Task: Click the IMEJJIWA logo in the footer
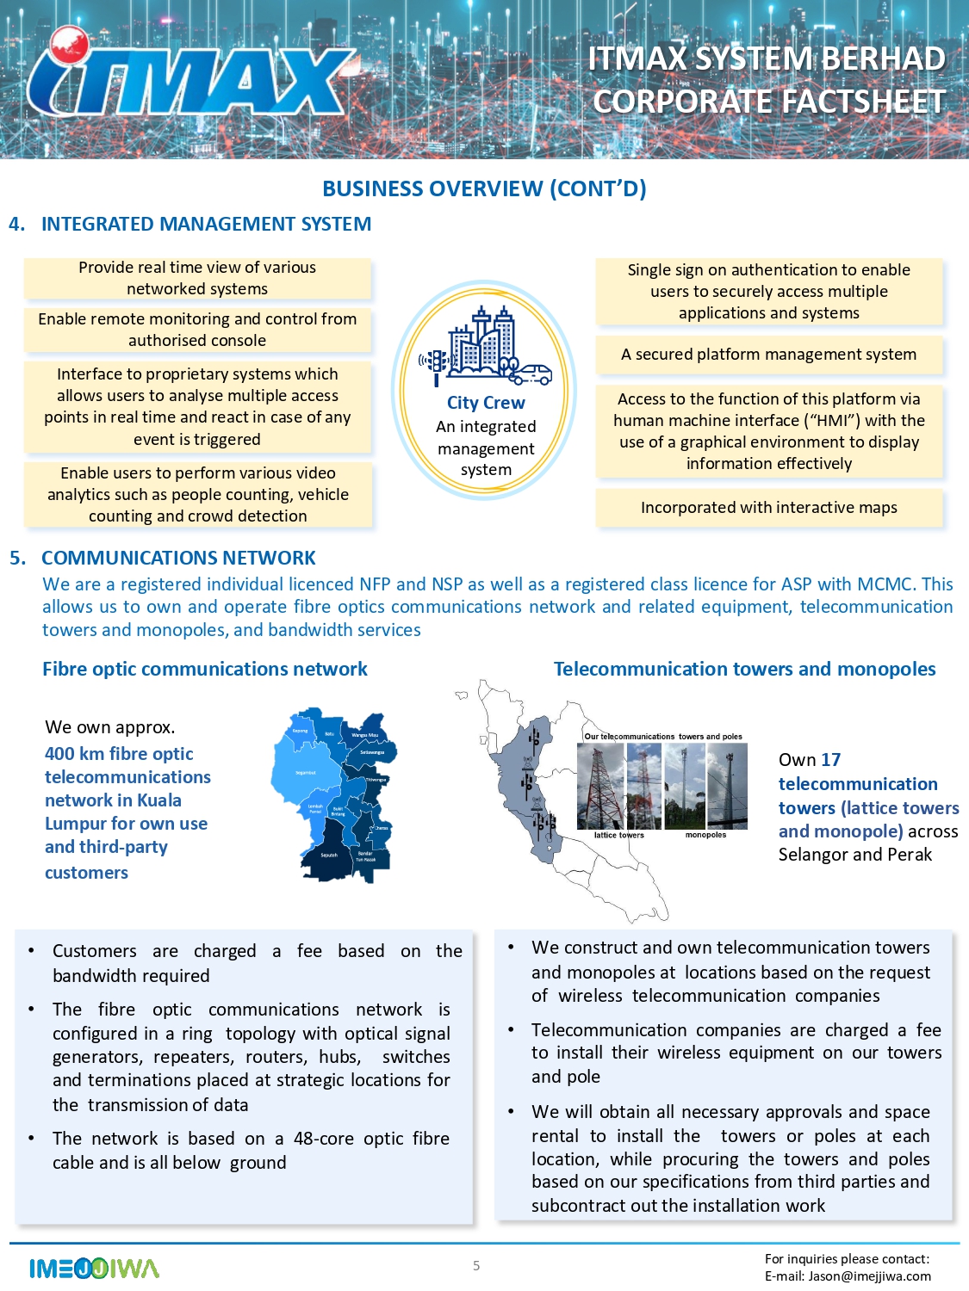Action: click(94, 1269)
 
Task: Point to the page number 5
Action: click(476, 1265)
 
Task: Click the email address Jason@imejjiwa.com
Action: click(870, 1276)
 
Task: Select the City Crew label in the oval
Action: click(486, 403)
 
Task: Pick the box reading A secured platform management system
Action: click(768, 355)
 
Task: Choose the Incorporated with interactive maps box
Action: click(768, 508)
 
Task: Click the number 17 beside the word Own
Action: click(831, 760)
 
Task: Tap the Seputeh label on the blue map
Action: click(329, 856)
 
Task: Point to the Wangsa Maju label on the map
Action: click(364, 735)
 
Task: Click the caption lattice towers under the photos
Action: click(618, 835)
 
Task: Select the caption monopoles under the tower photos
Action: click(705, 835)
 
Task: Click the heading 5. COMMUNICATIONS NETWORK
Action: click(177, 558)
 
